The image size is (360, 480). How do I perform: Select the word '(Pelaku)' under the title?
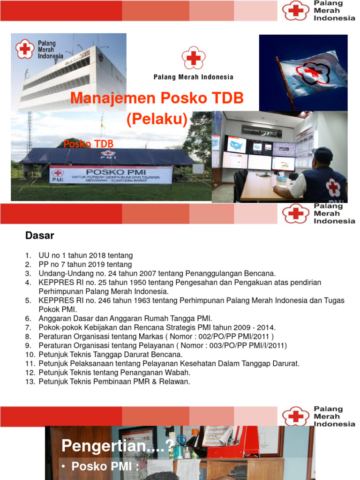point(157,120)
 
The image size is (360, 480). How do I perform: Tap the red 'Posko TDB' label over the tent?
point(89,143)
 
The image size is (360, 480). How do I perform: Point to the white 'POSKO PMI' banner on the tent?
point(111,175)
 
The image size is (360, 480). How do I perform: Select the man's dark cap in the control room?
point(323,154)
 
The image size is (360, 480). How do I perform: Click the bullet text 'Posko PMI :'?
point(105,466)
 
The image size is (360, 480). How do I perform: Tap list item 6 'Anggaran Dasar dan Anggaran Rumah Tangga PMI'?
point(125,318)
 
